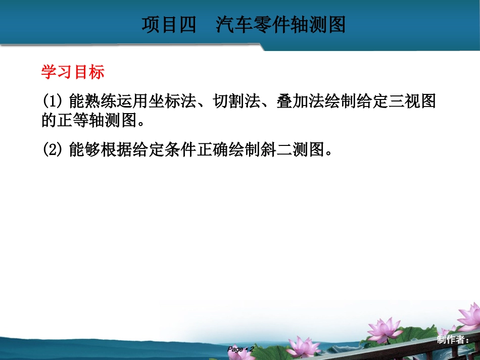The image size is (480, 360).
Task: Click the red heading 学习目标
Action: point(73,72)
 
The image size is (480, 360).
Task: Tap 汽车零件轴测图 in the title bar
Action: point(281,25)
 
